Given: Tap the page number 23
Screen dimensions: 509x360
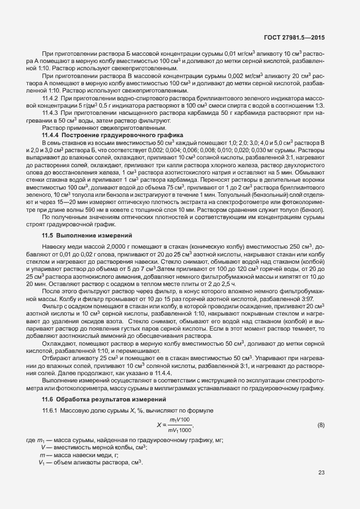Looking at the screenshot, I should tap(321, 473).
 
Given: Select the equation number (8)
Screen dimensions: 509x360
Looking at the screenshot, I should tap(320, 425).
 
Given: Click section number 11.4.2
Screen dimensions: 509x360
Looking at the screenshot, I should tap(51, 99).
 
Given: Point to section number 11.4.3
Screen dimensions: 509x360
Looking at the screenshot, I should tap(51, 113).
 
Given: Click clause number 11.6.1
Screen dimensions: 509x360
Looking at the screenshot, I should tap(51, 410).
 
